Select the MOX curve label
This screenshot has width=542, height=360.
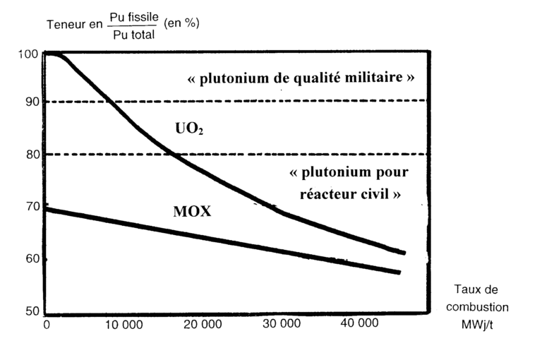coord(193,211)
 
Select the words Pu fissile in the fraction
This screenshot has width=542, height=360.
coord(134,16)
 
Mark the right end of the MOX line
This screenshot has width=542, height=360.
coord(400,272)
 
